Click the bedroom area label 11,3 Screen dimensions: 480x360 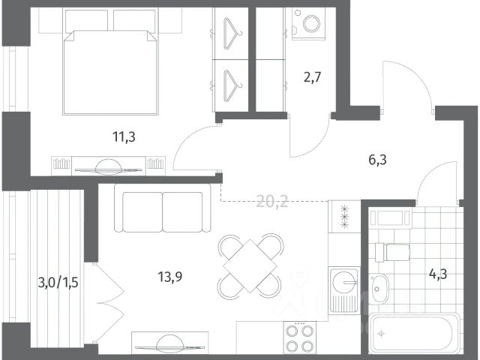124,136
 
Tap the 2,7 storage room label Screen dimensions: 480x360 313,77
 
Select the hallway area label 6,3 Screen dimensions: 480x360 377,160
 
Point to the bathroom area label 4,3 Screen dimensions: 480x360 438,274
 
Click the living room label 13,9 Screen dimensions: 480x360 170,277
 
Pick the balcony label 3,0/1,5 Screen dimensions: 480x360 58,283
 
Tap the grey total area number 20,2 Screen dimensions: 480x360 272,202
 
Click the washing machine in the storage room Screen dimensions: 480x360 308,23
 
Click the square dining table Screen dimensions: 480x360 250,265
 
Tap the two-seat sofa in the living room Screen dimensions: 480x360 163,208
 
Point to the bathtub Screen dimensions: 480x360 415,333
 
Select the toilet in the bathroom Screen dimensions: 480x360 392,252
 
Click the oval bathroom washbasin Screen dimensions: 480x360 379,289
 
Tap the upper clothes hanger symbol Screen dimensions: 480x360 232,33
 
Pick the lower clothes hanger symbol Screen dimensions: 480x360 232,85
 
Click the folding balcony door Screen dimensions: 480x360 109,302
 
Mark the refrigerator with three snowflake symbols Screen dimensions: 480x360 345,217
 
